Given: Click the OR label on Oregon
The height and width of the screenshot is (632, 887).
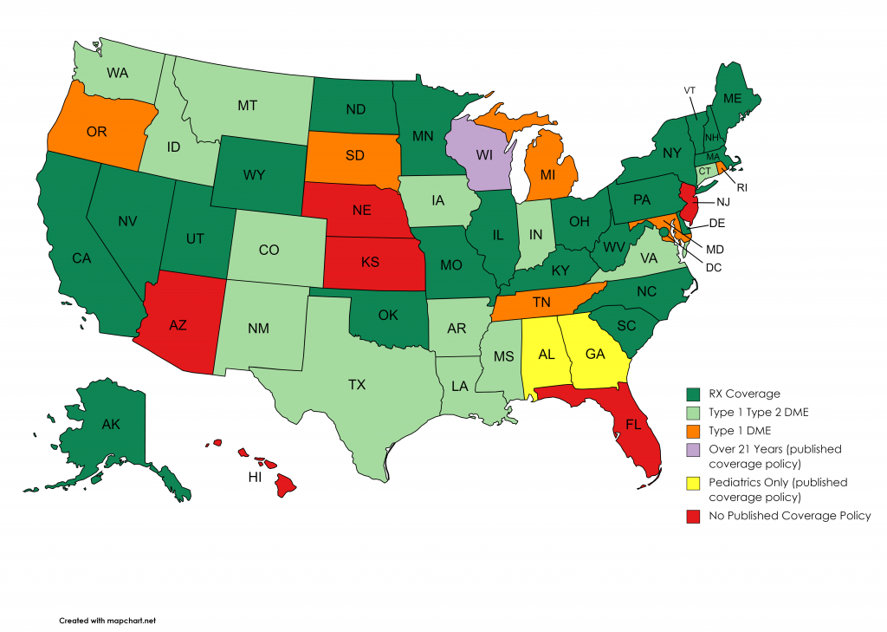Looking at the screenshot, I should pos(96,132).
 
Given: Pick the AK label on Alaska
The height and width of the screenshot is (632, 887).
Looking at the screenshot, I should pos(111,425).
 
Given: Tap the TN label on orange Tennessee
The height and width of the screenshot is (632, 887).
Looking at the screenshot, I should pos(542,303).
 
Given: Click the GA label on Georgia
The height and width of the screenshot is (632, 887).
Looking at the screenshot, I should pos(595,354).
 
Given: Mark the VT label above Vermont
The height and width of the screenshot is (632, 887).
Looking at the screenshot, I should pos(690,90).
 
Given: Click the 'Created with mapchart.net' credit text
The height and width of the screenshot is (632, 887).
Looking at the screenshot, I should pos(107,621).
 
